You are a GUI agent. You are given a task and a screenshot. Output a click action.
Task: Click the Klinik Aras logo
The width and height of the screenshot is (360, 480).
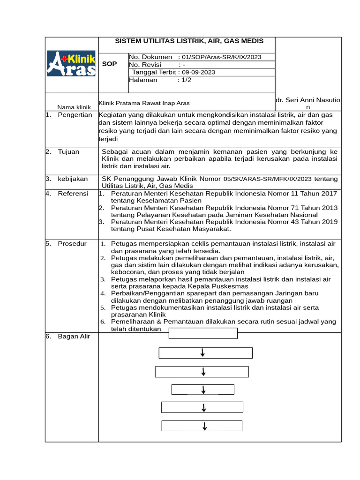point(71,64)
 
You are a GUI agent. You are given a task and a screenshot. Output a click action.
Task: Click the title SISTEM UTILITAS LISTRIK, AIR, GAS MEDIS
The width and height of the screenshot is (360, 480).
point(189,41)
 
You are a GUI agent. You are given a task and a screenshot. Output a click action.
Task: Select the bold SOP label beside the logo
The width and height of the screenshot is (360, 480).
point(109,64)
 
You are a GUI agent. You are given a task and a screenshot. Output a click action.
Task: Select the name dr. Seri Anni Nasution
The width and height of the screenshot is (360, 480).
point(308,104)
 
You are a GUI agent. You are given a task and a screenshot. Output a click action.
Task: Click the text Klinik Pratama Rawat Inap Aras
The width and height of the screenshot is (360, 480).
point(144,103)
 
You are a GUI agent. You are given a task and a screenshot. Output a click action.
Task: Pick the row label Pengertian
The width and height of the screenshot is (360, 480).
point(75,115)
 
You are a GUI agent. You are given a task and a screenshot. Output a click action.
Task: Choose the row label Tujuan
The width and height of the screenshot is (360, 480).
point(68,151)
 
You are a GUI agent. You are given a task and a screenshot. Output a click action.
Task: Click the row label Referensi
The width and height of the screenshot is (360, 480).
point(73,193)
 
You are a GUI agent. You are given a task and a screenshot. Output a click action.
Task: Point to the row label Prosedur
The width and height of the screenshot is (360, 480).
point(72,243)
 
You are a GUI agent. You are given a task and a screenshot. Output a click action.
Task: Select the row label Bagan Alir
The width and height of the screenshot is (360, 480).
point(74,336)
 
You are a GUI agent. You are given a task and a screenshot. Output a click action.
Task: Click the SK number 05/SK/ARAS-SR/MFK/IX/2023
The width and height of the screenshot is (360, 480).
point(261,179)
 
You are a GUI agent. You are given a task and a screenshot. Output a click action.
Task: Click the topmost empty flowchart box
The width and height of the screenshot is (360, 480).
point(203,333)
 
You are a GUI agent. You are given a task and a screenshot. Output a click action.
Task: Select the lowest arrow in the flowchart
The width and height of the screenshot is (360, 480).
point(205,426)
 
